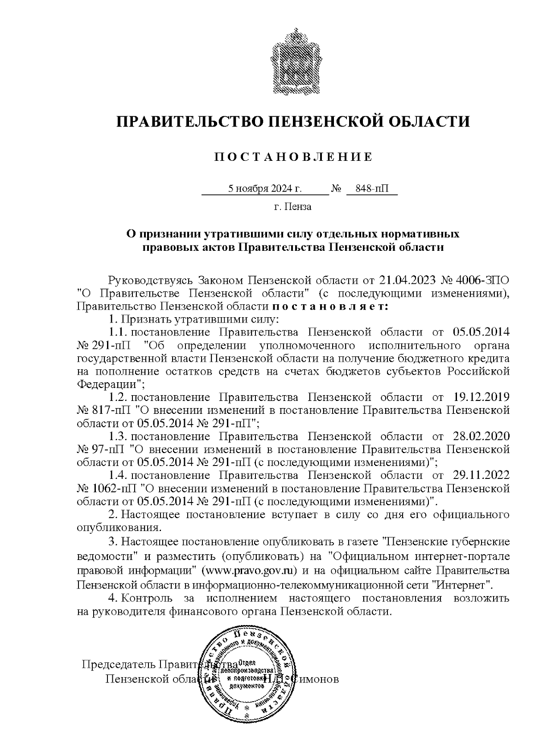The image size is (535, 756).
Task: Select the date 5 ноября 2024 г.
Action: [x=265, y=189]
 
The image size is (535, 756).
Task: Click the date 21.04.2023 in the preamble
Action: [x=407, y=281]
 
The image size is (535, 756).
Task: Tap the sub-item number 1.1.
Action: [x=119, y=332]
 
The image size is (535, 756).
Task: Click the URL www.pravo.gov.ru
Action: [x=250, y=571]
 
